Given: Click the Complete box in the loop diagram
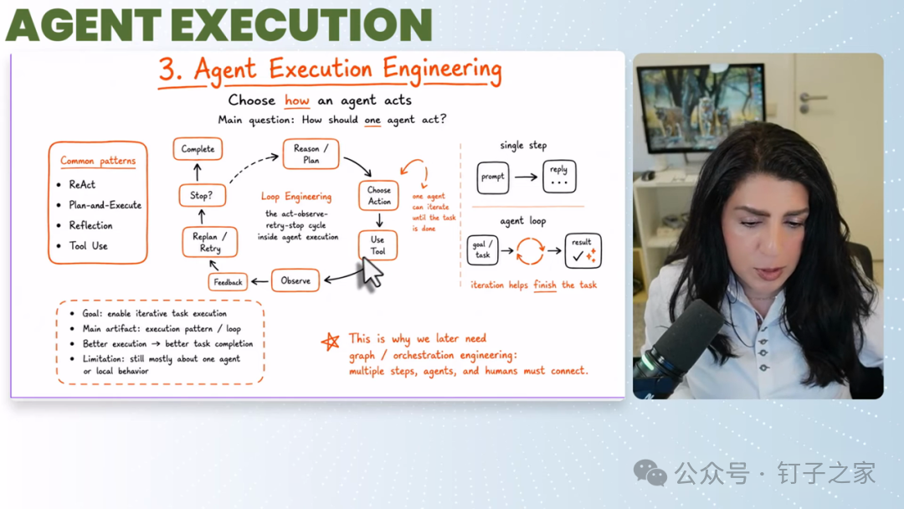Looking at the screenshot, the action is (x=198, y=149).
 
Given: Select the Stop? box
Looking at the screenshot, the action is (x=202, y=195).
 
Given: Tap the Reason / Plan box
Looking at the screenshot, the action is (x=311, y=154).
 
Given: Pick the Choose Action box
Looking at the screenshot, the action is (x=379, y=195).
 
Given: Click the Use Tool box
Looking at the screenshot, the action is (x=378, y=245).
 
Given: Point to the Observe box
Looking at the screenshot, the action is (x=295, y=280).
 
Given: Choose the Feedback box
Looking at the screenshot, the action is (x=228, y=282).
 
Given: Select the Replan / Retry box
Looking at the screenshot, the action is (x=210, y=242).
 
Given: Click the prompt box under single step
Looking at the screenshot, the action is (x=493, y=177).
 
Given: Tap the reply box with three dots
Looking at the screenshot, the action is (x=559, y=177).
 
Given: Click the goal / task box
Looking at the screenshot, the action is (x=483, y=250).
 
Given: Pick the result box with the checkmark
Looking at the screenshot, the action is (x=583, y=251).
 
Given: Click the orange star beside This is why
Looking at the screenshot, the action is (x=331, y=342).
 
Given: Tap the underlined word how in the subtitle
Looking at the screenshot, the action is (x=297, y=100).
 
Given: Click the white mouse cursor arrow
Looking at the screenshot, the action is (x=372, y=272).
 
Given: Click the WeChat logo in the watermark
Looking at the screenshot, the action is (x=650, y=473).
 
